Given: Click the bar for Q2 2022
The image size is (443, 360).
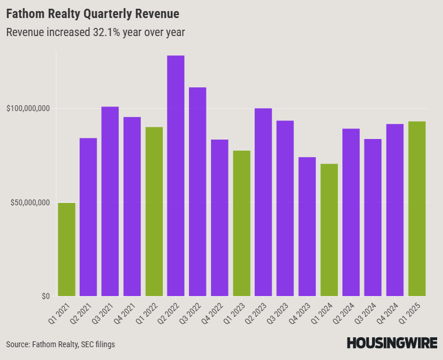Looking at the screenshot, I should coord(176,176).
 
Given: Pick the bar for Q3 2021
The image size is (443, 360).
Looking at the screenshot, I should coord(110,201).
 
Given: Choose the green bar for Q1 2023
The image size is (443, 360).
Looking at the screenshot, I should coord(241,223).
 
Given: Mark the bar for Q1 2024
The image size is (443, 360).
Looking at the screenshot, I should coord(329,230).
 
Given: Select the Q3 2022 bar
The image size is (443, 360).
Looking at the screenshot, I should coord(198,191).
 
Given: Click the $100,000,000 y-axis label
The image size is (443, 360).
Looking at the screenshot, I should coord(28,109).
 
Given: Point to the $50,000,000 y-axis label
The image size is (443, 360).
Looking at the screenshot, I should coord(30,202).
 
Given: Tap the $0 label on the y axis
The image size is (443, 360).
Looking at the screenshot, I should coord(45,296).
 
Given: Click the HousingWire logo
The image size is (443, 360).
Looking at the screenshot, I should coord(392,343).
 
